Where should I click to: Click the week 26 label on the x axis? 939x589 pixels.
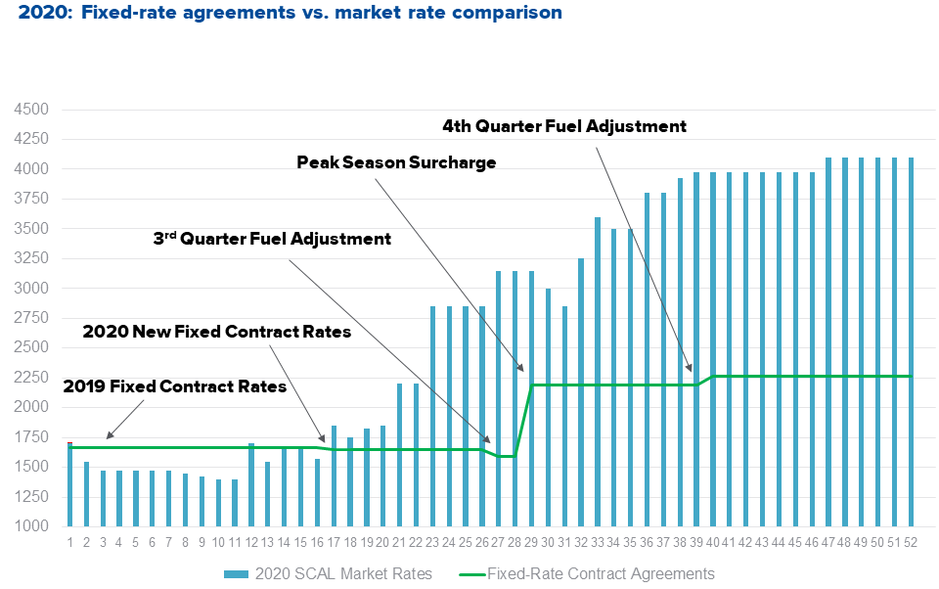click(482, 541)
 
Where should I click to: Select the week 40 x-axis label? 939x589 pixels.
click(713, 541)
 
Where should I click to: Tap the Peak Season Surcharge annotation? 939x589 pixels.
click(396, 162)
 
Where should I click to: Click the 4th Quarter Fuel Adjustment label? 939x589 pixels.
click(564, 126)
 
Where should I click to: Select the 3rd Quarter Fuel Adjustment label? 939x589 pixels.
click(272, 239)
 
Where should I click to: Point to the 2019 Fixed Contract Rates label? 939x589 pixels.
click(175, 386)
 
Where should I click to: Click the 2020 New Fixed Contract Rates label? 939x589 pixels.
click(216, 332)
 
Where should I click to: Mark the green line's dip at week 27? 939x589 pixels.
click(499, 456)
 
